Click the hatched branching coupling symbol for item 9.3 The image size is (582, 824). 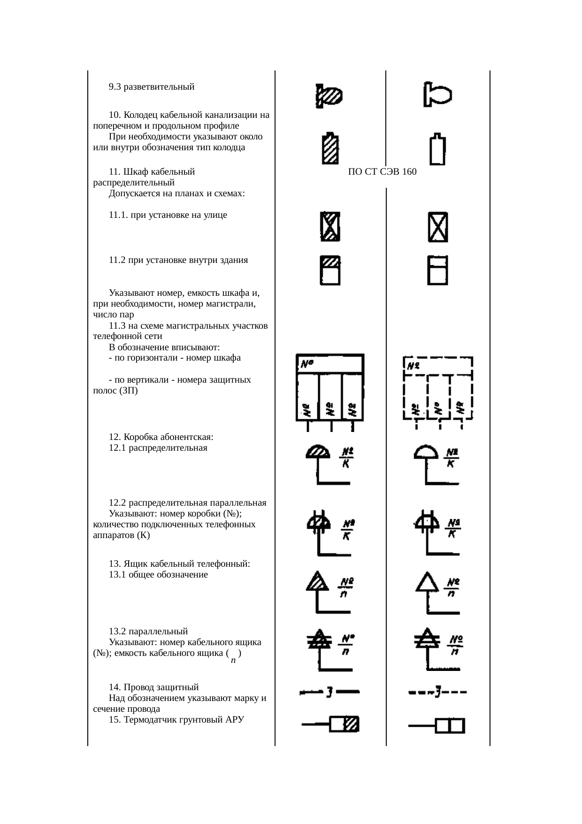329,96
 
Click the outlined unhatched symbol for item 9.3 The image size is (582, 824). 436,94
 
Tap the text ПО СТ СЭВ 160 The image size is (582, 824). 382,172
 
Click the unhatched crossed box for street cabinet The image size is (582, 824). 437,227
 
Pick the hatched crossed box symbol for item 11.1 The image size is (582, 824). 330,227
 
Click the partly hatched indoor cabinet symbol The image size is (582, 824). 330,270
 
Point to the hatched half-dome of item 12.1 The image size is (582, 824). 318,452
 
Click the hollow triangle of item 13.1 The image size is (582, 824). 427,582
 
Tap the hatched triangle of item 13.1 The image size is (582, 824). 318,582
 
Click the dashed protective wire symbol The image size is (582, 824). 437,692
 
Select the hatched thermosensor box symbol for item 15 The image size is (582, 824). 344,724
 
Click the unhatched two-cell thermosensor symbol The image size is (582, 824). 450,726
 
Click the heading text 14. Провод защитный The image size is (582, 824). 153,687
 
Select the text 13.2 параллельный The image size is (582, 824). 148,631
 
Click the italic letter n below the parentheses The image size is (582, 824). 233,661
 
